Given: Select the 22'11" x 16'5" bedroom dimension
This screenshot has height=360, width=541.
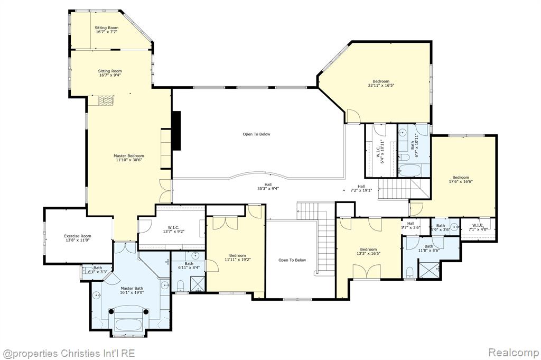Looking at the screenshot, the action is tap(381, 85).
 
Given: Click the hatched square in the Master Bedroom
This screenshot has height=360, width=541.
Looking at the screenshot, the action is tap(106, 100).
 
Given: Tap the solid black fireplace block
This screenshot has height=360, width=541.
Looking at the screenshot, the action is tap(176, 131).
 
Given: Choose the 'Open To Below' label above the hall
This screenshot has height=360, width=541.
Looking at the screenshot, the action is tap(256, 134).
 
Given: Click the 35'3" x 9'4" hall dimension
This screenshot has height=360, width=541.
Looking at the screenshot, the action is tap(268, 188).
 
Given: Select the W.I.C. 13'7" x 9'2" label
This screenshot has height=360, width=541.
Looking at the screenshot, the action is tap(173, 229).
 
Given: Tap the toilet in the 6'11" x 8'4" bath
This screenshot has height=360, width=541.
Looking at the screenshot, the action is tap(180, 286).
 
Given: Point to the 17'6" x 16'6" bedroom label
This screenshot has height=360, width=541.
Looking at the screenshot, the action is tap(461, 180).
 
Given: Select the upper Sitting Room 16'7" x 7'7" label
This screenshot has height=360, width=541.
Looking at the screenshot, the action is tap(107, 30).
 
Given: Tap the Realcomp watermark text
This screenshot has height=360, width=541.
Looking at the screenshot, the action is tap(514, 353).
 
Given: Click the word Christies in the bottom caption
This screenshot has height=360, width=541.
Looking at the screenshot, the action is tap(78, 354).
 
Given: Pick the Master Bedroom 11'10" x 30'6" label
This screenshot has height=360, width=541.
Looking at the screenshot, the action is tap(129, 158).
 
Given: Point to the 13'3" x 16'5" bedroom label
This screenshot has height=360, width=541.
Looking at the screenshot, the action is tap(368, 251).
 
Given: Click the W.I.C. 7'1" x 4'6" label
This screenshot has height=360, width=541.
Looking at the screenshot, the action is tap(478, 227).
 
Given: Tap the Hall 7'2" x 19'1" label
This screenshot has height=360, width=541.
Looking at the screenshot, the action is tap(361, 188).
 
